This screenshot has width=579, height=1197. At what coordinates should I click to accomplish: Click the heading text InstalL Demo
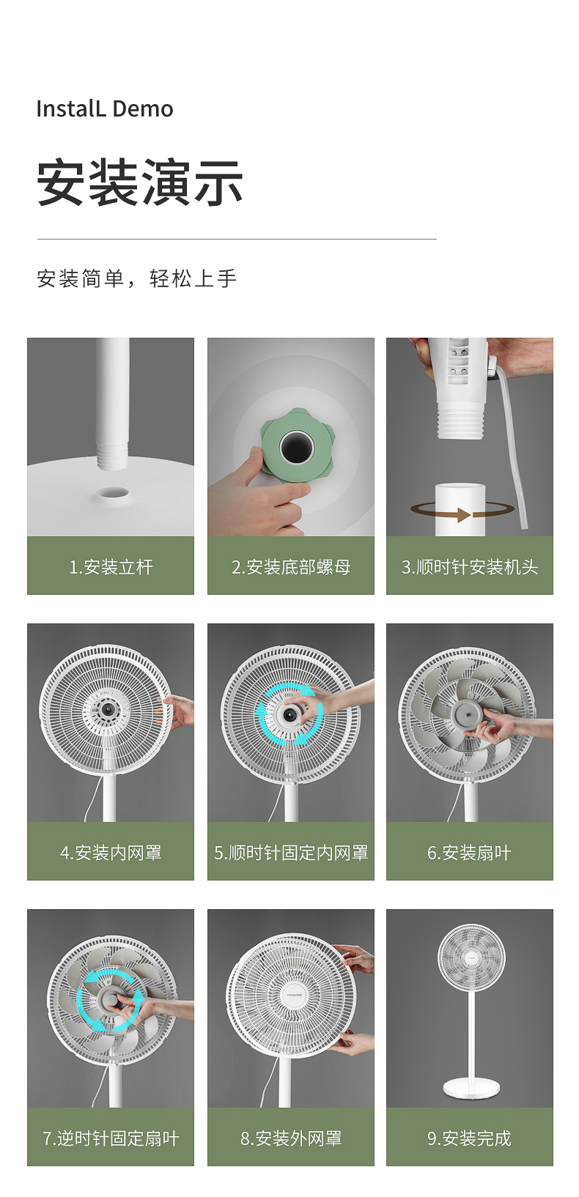tap(105, 109)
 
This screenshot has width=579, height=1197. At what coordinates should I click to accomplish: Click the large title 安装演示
tap(139, 182)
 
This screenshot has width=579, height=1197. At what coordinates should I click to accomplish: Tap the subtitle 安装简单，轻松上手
tap(137, 278)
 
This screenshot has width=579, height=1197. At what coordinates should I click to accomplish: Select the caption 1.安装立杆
tap(111, 567)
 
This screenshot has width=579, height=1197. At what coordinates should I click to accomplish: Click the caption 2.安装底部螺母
tap(291, 567)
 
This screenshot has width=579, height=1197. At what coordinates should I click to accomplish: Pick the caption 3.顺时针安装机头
tap(469, 567)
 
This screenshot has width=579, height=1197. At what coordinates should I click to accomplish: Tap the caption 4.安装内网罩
tap(111, 853)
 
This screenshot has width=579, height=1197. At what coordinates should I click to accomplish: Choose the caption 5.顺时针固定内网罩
tap(291, 853)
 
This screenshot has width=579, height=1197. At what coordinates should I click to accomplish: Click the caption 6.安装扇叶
tap(469, 853)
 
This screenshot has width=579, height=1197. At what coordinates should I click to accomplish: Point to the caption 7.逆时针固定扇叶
tap(111, 1138)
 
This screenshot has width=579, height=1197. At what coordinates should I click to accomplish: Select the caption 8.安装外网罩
tap(291, 1138)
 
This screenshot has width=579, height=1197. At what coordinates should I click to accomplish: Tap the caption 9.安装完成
tap(469, 1138)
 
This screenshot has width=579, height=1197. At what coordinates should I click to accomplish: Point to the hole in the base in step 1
tap(113, 493)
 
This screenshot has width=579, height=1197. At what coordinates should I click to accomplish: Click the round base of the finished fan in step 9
tap(471, 1088)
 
